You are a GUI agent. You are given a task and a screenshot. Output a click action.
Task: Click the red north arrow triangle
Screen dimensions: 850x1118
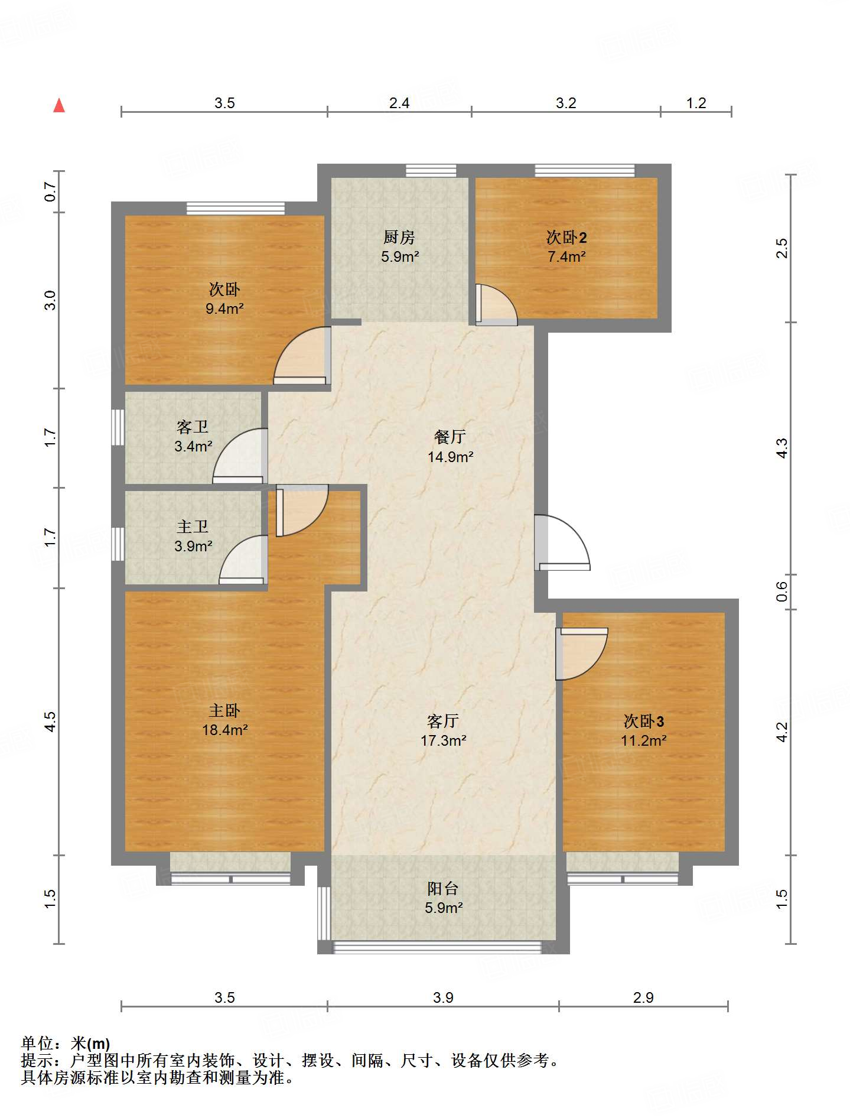pyautogui.click(x=59, y=105)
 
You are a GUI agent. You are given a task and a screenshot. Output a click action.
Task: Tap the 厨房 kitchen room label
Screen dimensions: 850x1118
pyautogui.click(x=399, y=237)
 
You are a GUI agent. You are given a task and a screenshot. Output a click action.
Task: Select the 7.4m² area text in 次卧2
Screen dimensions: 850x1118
pyautogui.click(x=566, y=256)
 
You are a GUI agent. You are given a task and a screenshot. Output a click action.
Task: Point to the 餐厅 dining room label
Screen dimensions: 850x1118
pyautogui.click(x=450, y=437)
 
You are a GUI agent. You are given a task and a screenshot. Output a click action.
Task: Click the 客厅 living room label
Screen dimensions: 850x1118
pyautogui.click(x=443, y=721)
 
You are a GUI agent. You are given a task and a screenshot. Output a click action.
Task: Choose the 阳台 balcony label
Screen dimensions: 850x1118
pyautogui.click(x=443, y=888)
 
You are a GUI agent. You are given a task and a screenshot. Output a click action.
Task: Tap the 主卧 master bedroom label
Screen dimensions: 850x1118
pyautogui.click(x=224, y=710)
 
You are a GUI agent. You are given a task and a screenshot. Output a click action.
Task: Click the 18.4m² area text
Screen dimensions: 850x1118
pyautogui.click(x=224, y=730)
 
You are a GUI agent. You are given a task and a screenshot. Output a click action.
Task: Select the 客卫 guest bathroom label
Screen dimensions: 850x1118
pyautogui.click(x=193, y=427)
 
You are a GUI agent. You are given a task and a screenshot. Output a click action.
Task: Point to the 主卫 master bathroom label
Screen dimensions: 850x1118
pyautogui.click(x=193, y=526)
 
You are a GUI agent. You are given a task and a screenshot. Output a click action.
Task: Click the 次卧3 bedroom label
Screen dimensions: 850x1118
pyautogui.click(x=644, y=721)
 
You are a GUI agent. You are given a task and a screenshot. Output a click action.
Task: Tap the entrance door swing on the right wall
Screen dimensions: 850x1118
pyautogui.click(x=562, y=542)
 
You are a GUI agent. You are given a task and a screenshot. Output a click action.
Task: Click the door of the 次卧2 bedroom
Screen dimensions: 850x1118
pyautogui.click(x=496, y=305)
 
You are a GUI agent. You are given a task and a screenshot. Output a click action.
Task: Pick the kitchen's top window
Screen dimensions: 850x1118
pyautogui.click(x=431, y=171)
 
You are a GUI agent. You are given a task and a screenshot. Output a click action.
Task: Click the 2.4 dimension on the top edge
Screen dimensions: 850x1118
pyautogui.click(x=399, y=103)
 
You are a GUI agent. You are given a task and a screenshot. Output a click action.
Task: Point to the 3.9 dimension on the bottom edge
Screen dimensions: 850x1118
pyautogui.click(x=443, y=998)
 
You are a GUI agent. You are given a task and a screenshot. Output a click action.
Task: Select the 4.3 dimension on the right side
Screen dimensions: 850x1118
pyautogui.click(x=782, y=448)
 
